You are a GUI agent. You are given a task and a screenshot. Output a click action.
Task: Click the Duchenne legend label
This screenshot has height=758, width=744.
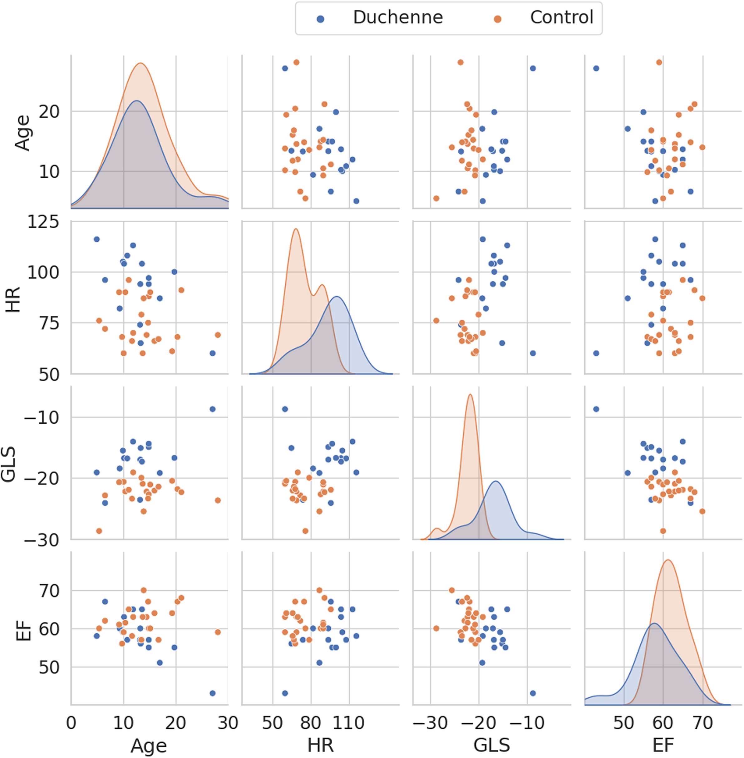coord(398,17)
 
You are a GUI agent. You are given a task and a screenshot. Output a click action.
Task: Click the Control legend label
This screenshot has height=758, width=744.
coord(562,17)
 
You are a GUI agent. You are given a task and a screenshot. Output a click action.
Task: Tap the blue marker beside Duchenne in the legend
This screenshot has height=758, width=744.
coord(320,19)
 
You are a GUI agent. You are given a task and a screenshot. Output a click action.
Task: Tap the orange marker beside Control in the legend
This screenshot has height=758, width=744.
coord(497,19)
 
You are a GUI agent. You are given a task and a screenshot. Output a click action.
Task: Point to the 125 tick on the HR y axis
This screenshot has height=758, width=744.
coord(43,222)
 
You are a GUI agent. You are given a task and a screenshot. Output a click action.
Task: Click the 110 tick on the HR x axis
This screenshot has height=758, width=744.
coord(348,724)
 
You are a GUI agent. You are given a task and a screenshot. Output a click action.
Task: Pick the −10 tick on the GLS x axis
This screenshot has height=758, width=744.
coord(527,724)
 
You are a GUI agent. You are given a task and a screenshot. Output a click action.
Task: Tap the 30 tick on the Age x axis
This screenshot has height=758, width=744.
coord(228,724)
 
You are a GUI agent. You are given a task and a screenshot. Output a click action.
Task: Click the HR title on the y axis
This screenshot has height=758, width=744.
coord(13,300)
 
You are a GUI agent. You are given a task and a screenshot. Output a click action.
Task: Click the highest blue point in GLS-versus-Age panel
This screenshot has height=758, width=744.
coord(213,409)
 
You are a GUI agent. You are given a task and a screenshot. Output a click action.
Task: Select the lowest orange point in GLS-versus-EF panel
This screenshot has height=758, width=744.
coord(663,531)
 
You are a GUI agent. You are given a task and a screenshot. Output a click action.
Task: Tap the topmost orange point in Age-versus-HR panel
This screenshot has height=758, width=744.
coord(296,62)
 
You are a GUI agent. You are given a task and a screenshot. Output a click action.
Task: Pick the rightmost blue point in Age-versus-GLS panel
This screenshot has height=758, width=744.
coord(533,68)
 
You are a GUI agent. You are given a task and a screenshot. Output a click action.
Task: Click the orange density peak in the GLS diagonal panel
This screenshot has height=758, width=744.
coord(470,395)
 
